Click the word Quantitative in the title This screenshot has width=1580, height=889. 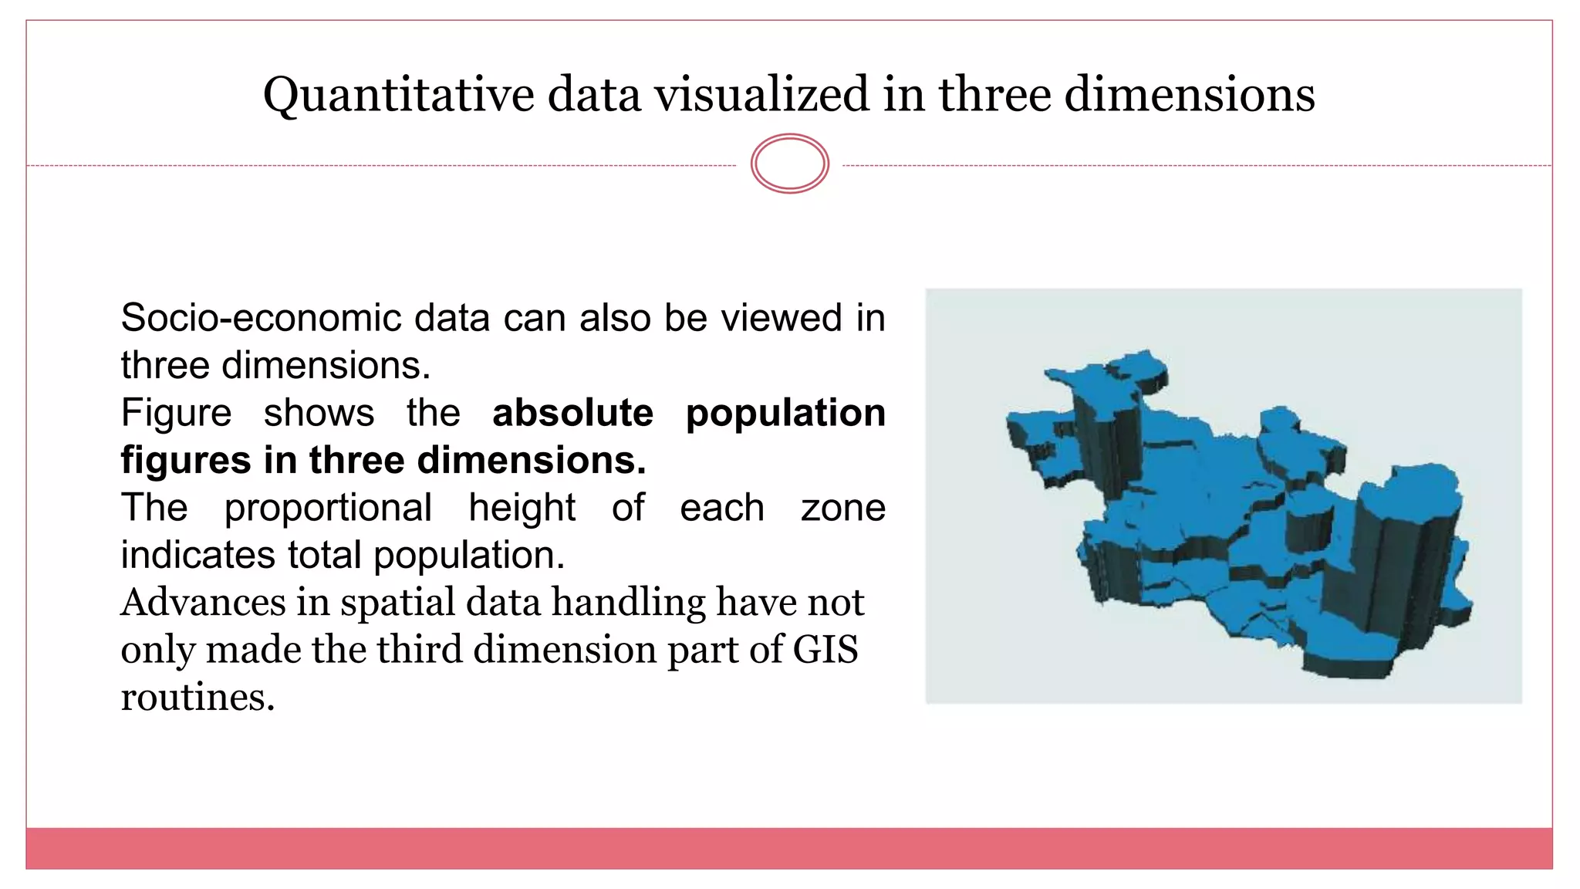[398, 96]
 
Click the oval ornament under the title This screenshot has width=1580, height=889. [789, 164]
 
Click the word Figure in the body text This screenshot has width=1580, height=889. [176, 413]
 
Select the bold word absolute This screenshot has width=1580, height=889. [572, 413]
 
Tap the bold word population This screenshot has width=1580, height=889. [785, 414]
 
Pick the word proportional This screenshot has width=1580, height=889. [328, 509]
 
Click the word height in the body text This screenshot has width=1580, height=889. [522, 509]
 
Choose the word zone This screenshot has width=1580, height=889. [842, 508]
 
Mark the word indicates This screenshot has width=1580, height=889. [197, 555]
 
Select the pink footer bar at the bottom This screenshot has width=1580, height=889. [789, 848]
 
